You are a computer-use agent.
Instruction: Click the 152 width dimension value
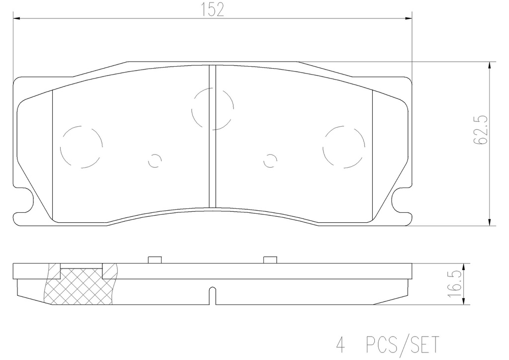click(212, 10)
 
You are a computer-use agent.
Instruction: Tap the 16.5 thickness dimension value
click(454, 284)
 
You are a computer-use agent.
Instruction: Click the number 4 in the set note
click(340, 345)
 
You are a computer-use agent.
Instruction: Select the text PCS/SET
click(402, 345)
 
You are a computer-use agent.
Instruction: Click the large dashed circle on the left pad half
click(82, 126)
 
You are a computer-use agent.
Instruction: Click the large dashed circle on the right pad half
click(344, 126)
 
